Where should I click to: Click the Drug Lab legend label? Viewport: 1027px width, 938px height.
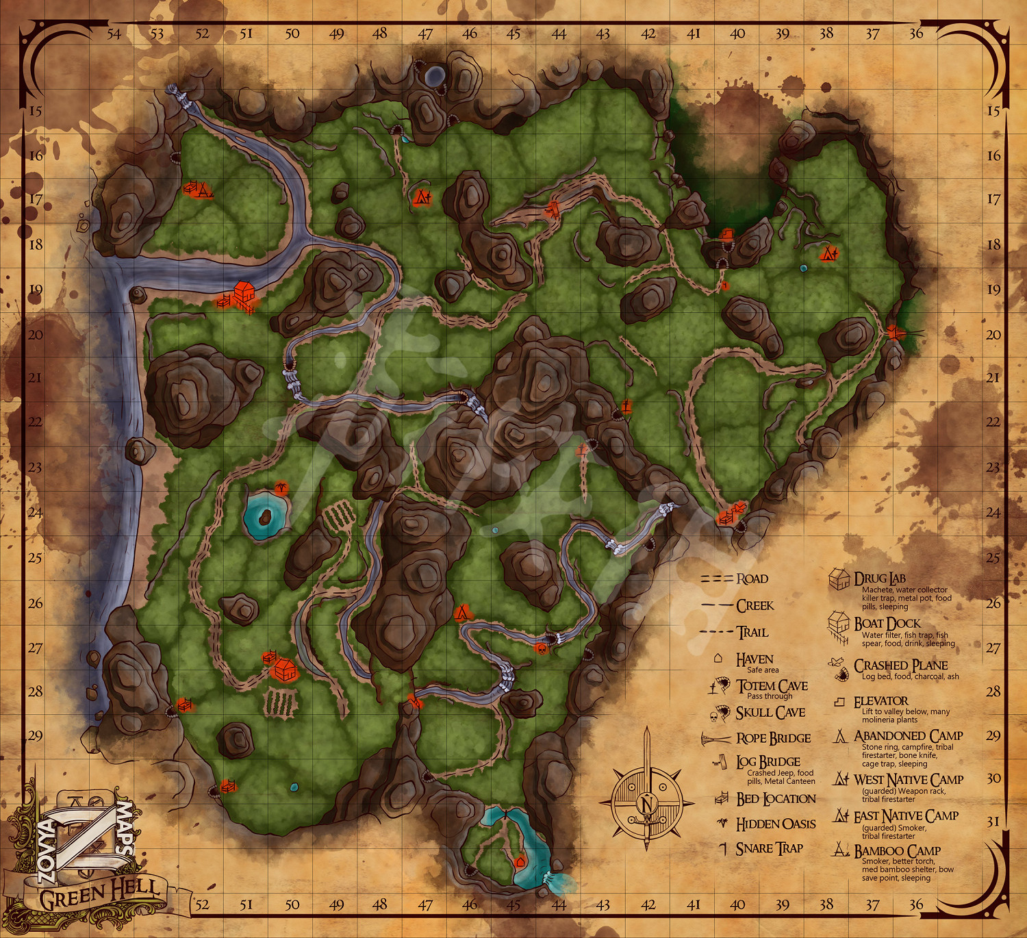[x=880, y=579]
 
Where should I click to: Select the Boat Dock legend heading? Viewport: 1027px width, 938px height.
[x=887, y=624]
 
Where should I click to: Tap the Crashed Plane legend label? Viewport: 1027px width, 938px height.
[x=900, y=666]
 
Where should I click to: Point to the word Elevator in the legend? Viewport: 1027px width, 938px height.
[x=880, y=701]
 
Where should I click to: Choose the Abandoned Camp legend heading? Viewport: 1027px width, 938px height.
[x=909, y=736]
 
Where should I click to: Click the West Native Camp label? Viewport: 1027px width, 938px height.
[x=909, y=780]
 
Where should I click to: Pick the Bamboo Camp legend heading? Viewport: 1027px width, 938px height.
[x=897, y=851]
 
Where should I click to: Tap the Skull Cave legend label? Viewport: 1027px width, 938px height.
[x=770, y=713]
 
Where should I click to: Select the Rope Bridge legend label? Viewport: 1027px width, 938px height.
[x=774, y=738]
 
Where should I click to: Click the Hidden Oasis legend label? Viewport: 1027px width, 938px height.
[x=776, y=824]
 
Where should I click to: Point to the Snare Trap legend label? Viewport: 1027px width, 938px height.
[x=769, y=848]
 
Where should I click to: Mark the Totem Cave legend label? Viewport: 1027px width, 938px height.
[x=772, y=685]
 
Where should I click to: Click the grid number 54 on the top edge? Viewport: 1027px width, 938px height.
[x=114, y=34]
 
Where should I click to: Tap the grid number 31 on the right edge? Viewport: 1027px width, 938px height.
[x=993, y=821]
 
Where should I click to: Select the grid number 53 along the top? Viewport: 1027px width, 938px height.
[x=157, y=34]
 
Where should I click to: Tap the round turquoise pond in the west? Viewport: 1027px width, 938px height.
[x=265, y=514]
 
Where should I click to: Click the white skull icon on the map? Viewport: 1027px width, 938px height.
[x=542, y=648]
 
